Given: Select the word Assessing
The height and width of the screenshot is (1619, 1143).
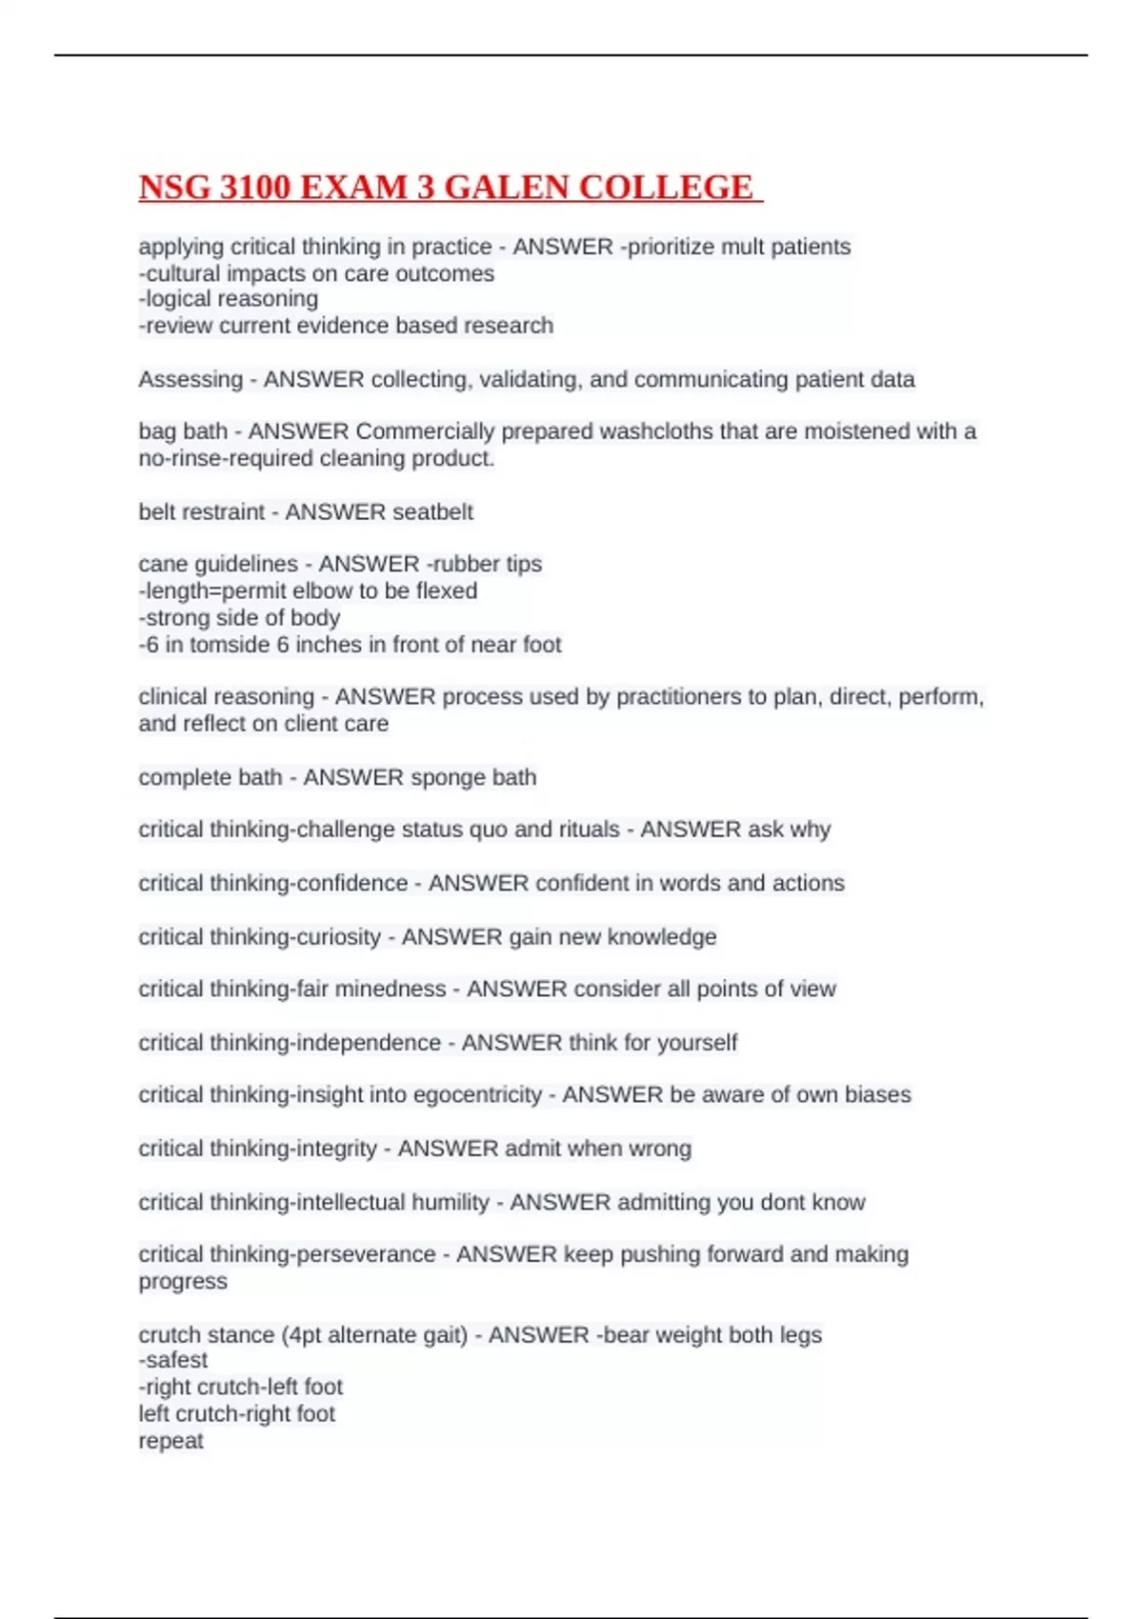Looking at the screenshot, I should pos(190,379).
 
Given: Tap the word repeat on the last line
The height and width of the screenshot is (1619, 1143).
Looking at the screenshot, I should pos(171,1441).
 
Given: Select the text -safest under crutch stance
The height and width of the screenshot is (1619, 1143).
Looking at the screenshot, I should pos(173,1360).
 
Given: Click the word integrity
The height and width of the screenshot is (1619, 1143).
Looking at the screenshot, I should pos(337,1149).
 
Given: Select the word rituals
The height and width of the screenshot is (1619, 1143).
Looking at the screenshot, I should pos(589,829).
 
